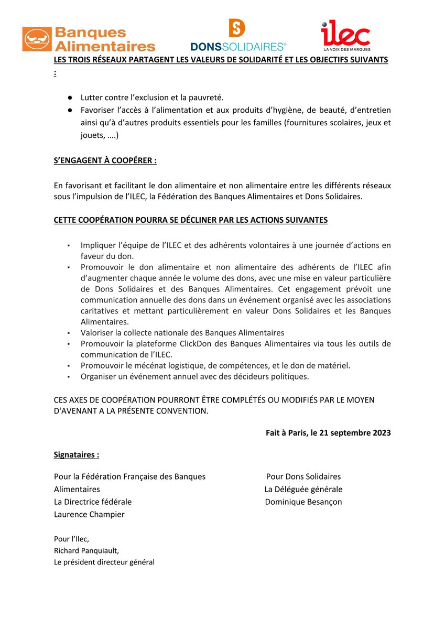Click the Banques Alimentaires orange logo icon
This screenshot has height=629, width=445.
point(37,39)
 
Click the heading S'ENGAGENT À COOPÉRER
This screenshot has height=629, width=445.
point(105,160)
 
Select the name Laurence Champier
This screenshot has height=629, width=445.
point(89,514)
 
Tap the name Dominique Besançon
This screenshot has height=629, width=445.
point(303,502)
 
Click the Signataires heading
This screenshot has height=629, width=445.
point(77,454)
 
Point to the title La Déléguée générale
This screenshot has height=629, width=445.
point(303,489)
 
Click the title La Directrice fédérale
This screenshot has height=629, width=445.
point(93,502)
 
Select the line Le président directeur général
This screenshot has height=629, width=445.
point(104,562)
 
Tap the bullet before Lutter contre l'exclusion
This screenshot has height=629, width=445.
point(69,97)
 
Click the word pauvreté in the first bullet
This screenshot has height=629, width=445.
point(208,97)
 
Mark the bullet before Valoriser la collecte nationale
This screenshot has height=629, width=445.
point(68,333)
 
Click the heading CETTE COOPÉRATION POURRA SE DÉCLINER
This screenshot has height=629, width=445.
point(190,220)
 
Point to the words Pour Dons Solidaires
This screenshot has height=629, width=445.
point(303,476)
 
